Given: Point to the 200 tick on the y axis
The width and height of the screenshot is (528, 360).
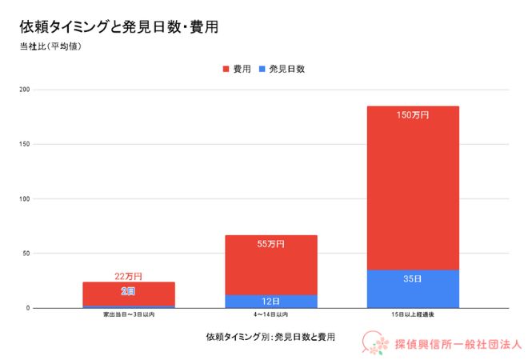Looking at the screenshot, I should pos(25,90).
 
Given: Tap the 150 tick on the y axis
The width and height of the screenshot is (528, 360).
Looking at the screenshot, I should pos(25,144).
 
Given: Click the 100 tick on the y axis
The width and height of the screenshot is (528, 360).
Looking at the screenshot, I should pos(25,198).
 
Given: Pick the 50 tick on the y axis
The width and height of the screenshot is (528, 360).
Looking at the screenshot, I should pos(26,254).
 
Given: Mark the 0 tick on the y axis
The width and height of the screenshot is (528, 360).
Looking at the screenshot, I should pos(28,308).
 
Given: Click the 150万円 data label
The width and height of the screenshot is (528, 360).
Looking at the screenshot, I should pos(413,115).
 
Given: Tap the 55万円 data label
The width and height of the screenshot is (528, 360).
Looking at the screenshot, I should pos(271,244).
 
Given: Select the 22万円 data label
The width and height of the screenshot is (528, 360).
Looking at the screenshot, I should pos(129,276).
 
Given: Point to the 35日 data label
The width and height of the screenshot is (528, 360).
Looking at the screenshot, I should pos(413,279).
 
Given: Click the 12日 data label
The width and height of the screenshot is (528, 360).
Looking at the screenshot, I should pos(271,302).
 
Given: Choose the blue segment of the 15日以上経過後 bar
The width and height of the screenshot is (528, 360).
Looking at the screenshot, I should pos(413,292).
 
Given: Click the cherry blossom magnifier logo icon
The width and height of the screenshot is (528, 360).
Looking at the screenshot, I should pos(378,342).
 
